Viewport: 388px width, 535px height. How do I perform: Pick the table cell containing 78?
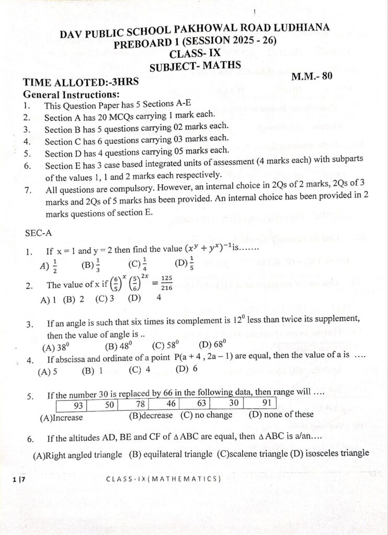(140, 405)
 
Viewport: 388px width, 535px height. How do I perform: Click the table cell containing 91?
(266, 403)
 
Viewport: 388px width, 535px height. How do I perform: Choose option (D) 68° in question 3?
(212, 345)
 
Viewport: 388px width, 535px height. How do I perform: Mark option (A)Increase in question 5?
(61, 417)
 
